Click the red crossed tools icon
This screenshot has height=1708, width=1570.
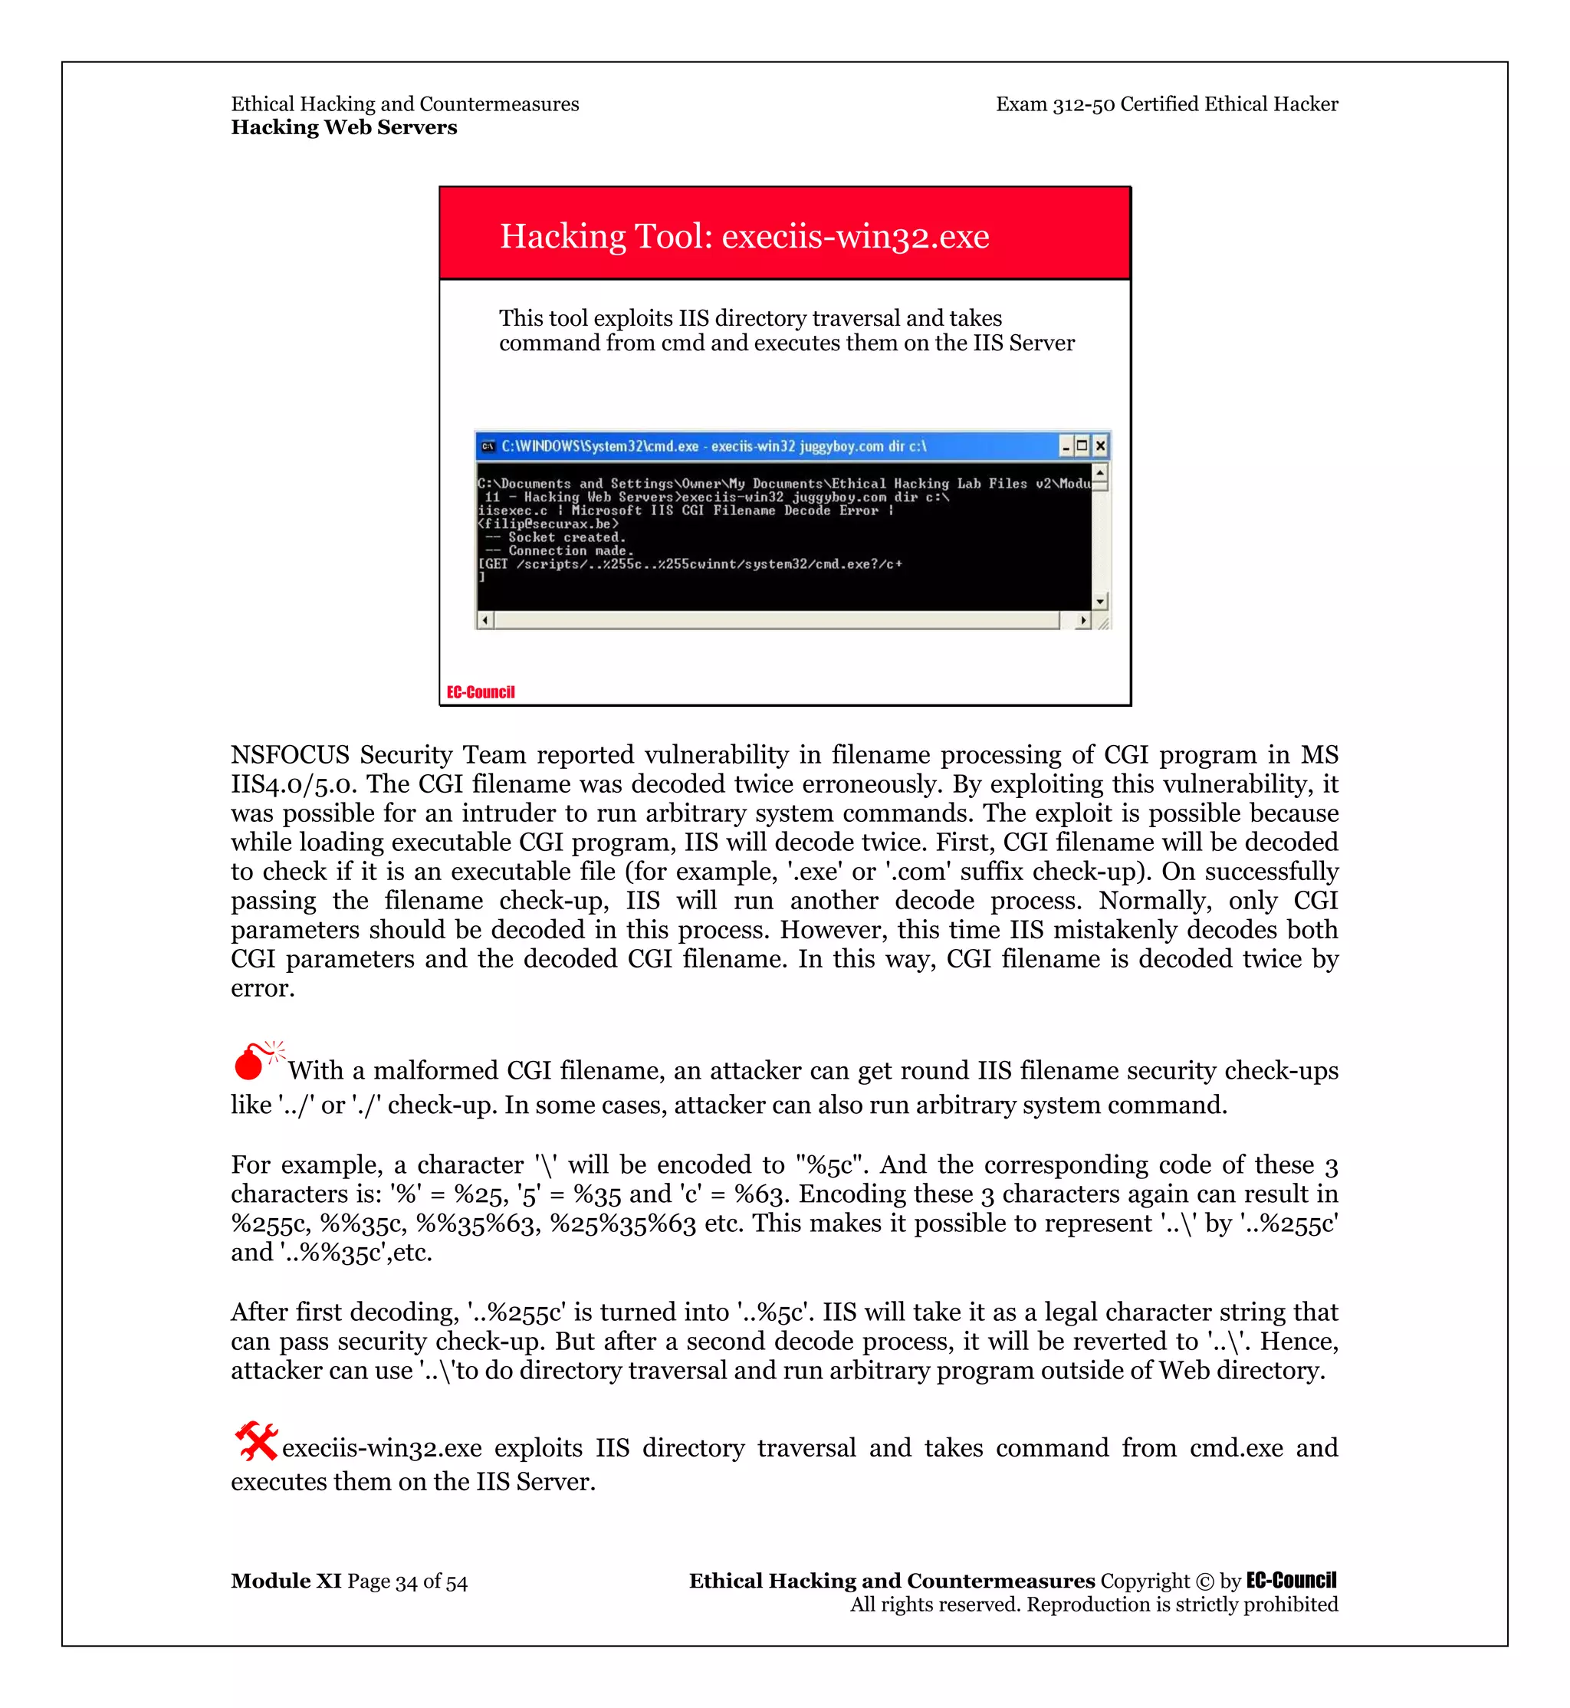pyautogui.click(x=256, y=1441)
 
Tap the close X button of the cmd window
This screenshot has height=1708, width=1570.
pyautogui.click(x=1100, y=445)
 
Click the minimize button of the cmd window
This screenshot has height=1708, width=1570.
pyautogui.click(x=1066, y=445)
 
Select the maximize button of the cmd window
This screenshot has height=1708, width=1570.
pyautogui.click(x=1082, y=445)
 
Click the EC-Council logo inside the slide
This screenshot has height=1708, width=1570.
pyautogui.click(x=481, y=691)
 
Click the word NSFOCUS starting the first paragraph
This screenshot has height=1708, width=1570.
pyautogui.click(x=290, y=754)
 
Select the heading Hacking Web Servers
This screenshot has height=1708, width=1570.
pyautogui.click(x=343, y=127)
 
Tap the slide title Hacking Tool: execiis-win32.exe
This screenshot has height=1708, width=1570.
pyautogui.click(x=744, y=236)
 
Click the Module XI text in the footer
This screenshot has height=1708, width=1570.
pyautogui.click(x=285, y=1581)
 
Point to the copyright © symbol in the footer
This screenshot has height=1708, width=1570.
pyautogui.click(x=1204, y=1582)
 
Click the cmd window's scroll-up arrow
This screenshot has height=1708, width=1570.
pyautogui.click(x=1100, y=471)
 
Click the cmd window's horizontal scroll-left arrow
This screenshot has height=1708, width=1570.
pyautogui.click(x=485, y=620)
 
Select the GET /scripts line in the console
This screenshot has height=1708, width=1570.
pyautogui.click(x=690, y=564)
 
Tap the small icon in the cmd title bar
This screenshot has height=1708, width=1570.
pyautogui.click(x=488, y=446)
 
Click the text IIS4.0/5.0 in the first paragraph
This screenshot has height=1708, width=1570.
pyautogui.click(x=294, y=783)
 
